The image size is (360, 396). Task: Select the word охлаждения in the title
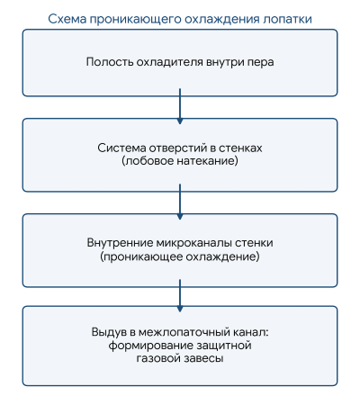click(222, 19)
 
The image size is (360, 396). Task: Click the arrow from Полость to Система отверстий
click(180, 106)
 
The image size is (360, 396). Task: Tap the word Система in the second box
click(121, 148)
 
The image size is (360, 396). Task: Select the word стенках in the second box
click(240, 148)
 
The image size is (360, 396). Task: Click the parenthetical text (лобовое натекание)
click(180, 161)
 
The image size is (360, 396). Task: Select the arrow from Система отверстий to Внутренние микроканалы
click(180, 202)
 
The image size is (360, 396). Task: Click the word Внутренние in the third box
click(120, 242)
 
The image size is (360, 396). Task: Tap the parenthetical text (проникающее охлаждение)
click(180, 256)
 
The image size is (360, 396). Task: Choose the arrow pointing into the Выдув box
click(180, 295)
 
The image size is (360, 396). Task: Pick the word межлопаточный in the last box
click(184, 332)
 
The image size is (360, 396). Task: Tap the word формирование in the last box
click(151, 346)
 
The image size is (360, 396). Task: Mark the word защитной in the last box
click(224, 346)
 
